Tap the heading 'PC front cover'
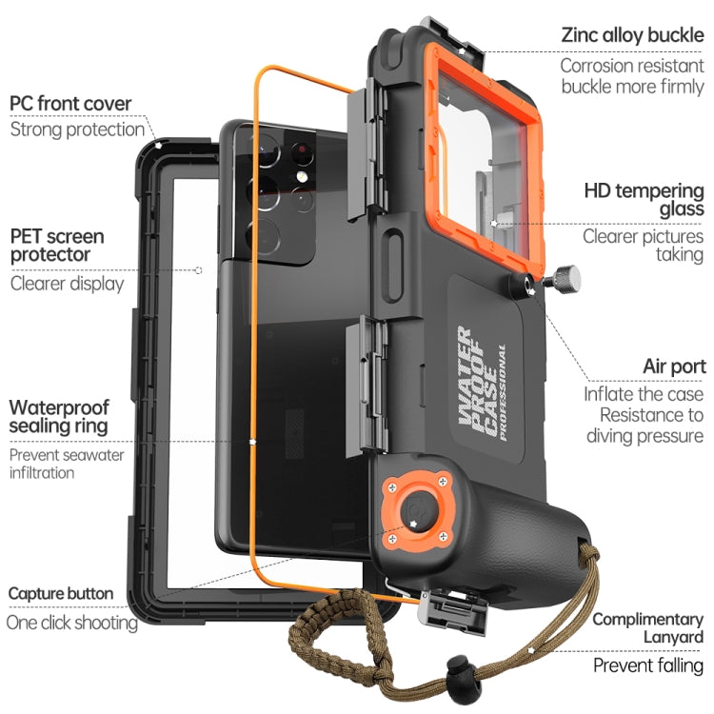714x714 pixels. (x=70, y=103)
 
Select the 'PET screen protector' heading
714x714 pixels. (x=57, y=246)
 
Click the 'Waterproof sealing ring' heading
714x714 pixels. (x=59, y=417)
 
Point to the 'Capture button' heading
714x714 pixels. (x=61, y=594)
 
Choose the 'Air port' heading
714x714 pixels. (x=673, y=366)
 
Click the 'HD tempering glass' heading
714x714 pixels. (x=644, y=199)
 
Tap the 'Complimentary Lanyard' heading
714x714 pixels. (x=648, y=628)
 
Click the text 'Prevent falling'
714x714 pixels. (x=648, y=665)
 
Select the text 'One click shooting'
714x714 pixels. (x=72, y=623)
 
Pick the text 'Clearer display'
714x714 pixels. (x=67, y=283)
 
